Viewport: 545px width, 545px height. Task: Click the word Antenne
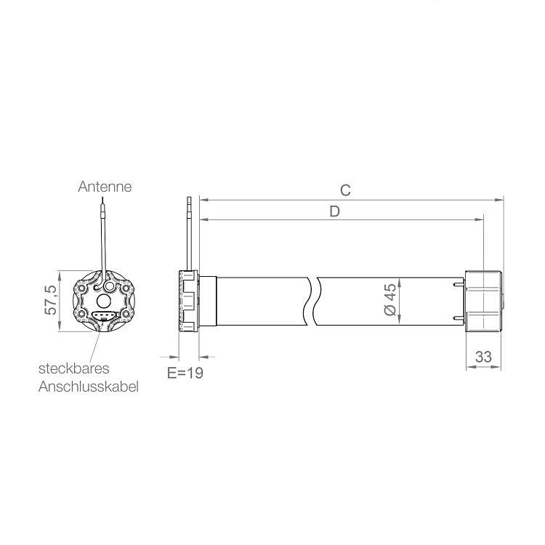pos(105,187)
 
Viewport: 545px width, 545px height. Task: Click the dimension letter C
pos(345,190)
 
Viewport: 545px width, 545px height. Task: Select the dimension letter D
pos(334,211)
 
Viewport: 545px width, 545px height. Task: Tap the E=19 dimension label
pos(185,373)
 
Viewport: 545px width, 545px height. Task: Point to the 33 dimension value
pos(483,357)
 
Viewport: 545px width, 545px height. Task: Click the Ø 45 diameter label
pos(391,299)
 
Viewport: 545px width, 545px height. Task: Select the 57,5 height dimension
pos(51,300)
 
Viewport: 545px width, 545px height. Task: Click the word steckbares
pos(73,368)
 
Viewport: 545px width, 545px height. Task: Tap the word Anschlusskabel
pos(88,387)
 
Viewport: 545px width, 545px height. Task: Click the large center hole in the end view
pos(104,301)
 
